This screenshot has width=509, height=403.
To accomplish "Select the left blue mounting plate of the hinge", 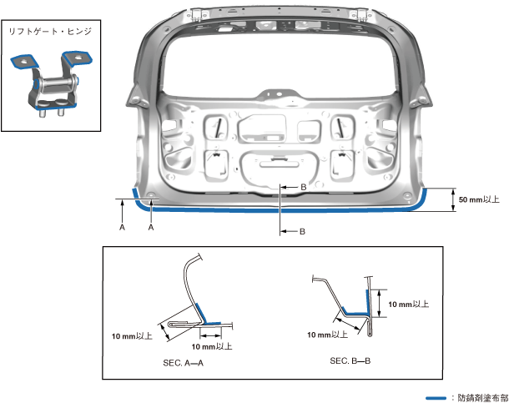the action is pos(23,62).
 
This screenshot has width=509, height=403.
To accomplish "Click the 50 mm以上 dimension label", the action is pos(479,199).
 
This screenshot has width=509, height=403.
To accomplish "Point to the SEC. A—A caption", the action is pos(185,365).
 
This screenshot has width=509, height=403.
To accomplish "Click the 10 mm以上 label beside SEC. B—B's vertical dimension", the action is pos(408,305).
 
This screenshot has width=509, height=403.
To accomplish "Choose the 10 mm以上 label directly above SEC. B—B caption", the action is pos(328,335).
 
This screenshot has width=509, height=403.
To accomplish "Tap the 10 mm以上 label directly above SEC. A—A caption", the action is pos(212,346).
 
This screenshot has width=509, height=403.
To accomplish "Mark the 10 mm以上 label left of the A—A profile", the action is pos(132,336).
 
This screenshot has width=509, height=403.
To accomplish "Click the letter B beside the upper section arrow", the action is pos(304,188).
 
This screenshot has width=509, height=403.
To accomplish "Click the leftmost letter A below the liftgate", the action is pos(122,226).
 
